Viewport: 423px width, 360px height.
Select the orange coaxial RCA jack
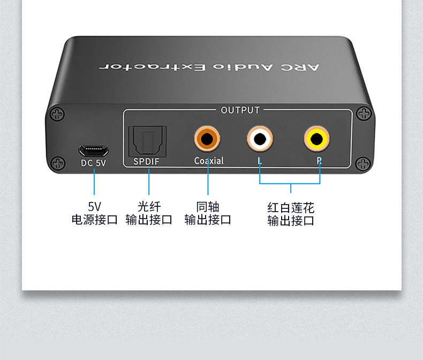point(208,139)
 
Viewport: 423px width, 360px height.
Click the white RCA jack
point(260,139)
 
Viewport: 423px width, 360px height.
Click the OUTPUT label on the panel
point(240,110)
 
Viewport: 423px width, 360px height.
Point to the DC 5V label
point(94,164)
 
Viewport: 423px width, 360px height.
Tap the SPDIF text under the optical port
point(147,161)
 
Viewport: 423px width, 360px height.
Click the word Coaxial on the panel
point(209,161)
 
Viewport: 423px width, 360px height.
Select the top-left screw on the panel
point(57,114)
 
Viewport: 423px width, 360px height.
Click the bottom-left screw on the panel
point(57,164)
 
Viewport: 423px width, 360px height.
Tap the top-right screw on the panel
point(365,114)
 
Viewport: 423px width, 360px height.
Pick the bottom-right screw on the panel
point(364,163)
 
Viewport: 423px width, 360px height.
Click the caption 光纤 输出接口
point(149,213)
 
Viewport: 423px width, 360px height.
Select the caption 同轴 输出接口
point(208,213)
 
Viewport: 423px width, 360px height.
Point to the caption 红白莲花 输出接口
point(291,214)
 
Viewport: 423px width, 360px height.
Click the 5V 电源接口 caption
point(94,213)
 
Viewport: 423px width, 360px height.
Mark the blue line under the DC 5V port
point(94,182)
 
